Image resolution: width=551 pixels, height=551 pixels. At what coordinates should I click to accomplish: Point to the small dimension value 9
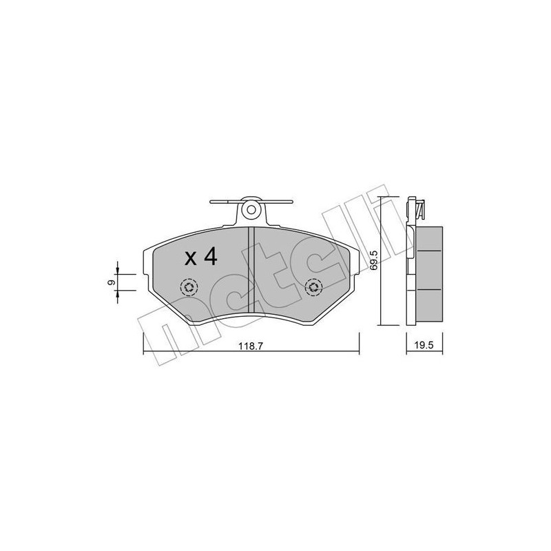[x=109, y=283]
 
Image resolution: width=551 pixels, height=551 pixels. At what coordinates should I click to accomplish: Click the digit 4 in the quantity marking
[x=210, y=258]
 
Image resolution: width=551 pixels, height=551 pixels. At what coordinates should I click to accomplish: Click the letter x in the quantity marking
[x=191, y=260]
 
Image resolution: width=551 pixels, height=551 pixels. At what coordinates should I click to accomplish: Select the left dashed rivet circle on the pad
[x=188, y=287]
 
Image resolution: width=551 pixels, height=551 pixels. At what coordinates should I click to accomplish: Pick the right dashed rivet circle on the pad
[x=314, y=287]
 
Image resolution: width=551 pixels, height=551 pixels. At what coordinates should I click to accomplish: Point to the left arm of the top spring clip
[x=224, y=202]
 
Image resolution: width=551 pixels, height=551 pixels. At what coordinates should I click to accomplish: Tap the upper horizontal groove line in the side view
[x=428, y=251]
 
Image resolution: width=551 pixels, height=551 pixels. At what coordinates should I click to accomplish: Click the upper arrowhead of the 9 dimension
[x=118, y=271]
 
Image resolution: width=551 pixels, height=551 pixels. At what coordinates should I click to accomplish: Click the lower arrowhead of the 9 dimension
[x=118, y=294]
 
